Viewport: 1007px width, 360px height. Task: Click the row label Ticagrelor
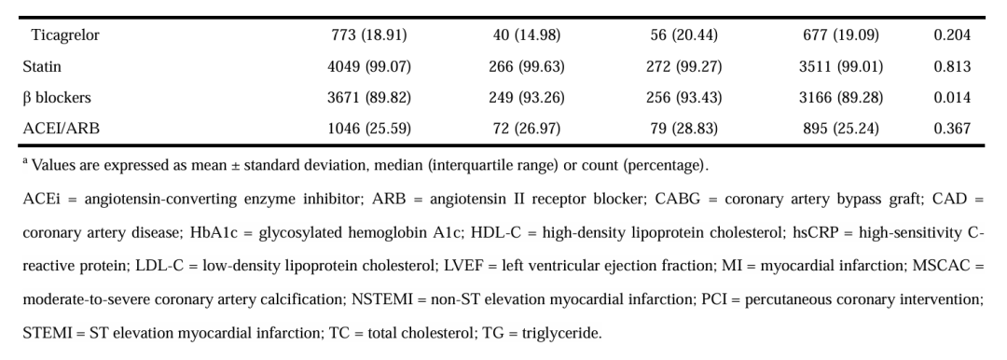point(65,35)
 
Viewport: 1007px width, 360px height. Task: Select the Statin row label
point(42,66)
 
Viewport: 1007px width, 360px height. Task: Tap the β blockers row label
point(57,98)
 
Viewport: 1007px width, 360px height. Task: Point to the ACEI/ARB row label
point(61,129)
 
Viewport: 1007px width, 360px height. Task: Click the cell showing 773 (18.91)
point(368,35)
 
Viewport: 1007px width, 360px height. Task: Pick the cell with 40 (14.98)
point(527,35)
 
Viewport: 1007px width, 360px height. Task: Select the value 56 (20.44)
point(684,35)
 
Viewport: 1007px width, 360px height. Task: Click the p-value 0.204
point(952,35)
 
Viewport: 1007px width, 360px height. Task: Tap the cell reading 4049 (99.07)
point(368,66)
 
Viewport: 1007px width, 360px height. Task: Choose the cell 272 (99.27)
point(684,66)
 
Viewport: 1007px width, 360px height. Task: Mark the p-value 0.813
point(952,66)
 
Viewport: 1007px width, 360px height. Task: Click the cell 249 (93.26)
point(527,98)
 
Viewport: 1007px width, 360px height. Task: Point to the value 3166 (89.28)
point(841,98)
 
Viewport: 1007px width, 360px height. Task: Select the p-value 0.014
point(952,98)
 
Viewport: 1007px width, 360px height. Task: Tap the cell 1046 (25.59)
point(368,129)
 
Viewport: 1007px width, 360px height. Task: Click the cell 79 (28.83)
point(684,129)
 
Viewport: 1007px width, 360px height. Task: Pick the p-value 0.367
point(952,129)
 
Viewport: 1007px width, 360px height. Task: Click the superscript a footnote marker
point(26,161)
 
